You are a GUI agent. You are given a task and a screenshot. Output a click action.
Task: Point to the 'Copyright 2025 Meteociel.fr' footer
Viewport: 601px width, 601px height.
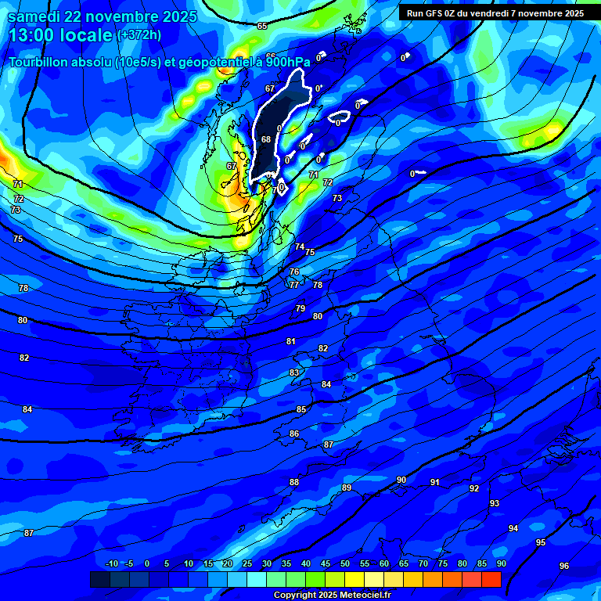332,596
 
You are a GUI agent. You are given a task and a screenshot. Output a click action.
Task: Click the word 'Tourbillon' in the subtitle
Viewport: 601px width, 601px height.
44,62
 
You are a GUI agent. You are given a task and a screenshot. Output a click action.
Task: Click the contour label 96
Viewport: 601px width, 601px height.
564,566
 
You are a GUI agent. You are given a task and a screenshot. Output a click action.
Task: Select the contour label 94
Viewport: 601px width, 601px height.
513,528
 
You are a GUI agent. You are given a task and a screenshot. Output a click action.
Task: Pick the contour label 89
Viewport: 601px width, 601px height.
347,488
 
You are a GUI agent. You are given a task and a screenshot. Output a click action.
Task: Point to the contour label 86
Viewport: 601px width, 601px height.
294,434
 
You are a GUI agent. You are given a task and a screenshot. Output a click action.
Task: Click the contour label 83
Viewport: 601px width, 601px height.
294,372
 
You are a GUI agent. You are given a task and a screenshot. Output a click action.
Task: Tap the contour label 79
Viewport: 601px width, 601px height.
300,308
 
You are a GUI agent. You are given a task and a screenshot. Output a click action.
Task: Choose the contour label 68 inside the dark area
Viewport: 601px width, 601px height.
266,139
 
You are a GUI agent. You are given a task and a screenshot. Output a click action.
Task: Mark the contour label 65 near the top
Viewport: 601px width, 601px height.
262,26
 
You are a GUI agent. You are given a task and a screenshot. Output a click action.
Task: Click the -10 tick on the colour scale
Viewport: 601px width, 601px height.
112,563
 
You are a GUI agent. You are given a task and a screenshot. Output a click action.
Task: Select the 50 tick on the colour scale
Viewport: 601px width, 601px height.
345,563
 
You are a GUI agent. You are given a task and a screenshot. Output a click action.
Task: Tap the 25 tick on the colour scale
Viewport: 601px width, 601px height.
247,563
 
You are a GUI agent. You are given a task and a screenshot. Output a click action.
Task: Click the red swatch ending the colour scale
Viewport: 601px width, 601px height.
491,579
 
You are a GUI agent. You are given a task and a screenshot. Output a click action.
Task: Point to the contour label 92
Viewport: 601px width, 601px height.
474,488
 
